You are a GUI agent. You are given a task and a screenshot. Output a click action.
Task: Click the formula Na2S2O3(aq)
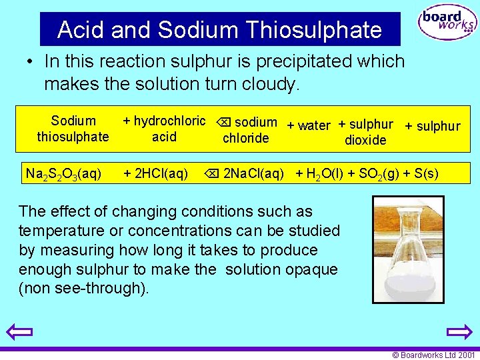[x=63, y=175]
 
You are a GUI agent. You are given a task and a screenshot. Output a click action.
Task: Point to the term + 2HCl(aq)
[x=155, y=175]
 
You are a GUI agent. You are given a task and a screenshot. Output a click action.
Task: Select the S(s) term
[x=426, y=175]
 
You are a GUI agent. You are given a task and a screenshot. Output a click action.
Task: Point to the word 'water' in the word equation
[x=314, y=125]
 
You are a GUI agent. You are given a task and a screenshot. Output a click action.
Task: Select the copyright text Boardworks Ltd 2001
[x=433, y=355]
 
